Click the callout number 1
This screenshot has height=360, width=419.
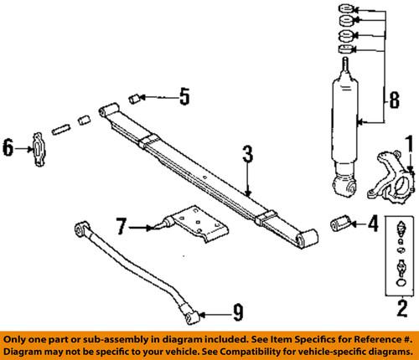(410, 148)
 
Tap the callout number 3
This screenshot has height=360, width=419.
(247, 153)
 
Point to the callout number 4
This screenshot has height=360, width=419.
(373, 224)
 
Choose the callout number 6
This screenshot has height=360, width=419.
(8, 148)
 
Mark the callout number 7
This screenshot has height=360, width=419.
(122, 225)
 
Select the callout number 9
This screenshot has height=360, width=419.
(238, 316)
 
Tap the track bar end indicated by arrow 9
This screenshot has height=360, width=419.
(192, 316)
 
